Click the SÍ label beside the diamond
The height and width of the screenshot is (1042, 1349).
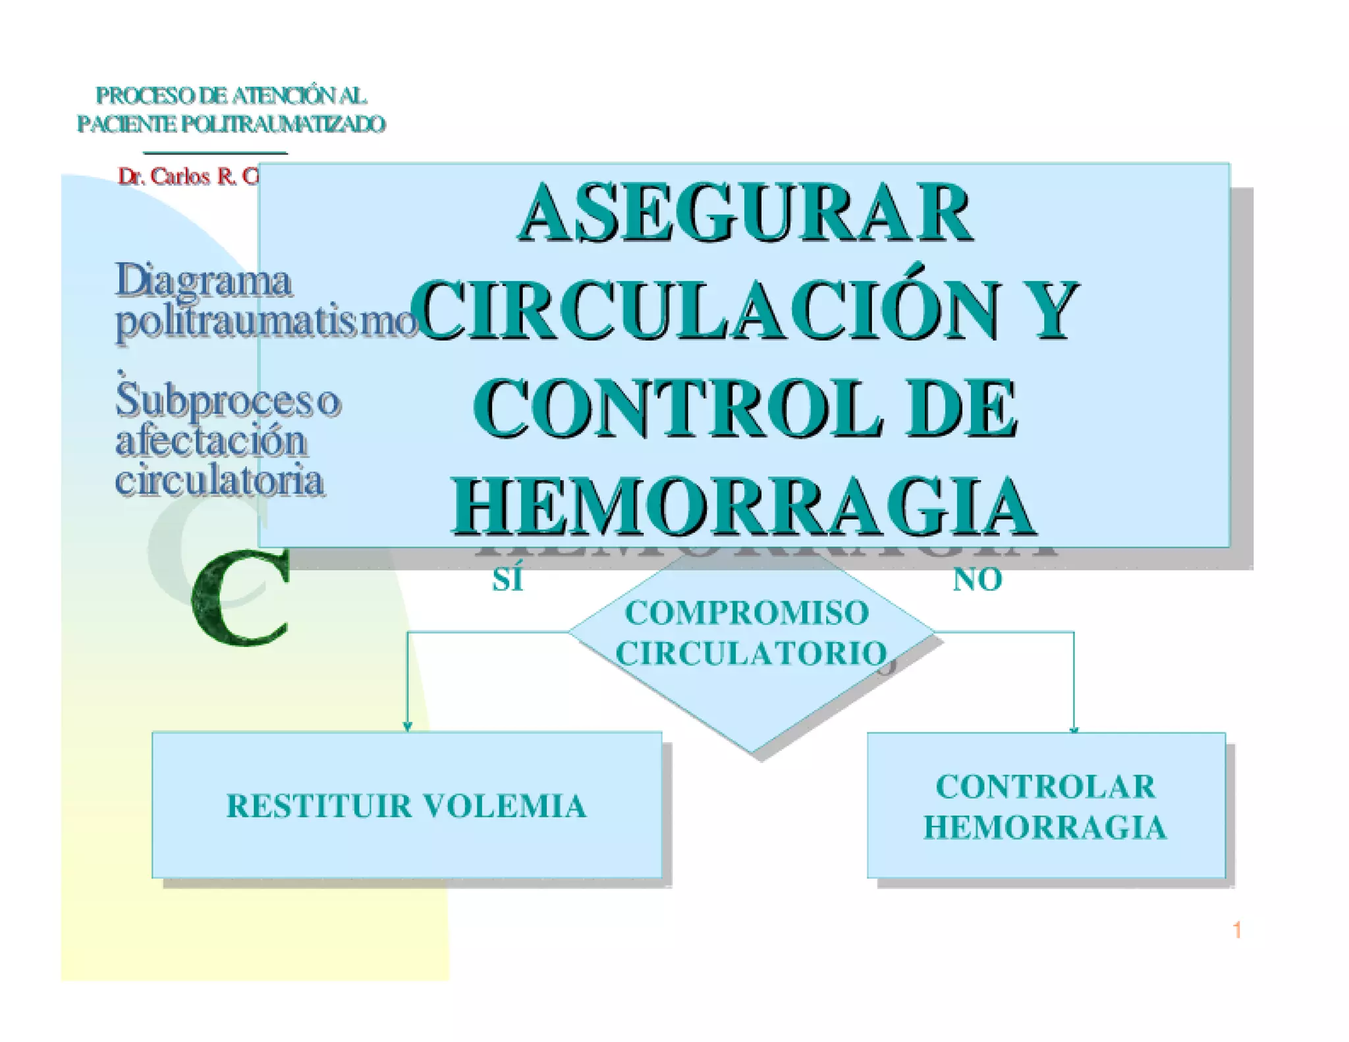pyautogui.click(x=508, y=580)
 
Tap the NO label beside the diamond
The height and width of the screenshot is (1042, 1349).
pyautogui.click(x=977, y=580)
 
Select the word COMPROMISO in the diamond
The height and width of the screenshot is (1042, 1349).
pyautogui.click(x=747, y=613)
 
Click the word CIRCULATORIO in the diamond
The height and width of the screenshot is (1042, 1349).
pyautogui.click(x=752, y=653)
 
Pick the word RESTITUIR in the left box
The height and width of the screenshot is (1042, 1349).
pyautogui.click(x=319, y=806)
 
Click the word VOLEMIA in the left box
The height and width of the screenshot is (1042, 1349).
pyautogui.click(x=504, y=806)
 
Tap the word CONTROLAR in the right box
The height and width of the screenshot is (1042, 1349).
pyautogui.click(x=1045, y=786)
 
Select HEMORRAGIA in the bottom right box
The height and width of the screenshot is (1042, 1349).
pyautogui.click(x=1045, y=827)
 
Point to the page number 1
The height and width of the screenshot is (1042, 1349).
pyautogui.click(x=1237, y=930)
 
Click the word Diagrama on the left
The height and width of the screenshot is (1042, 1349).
pyautogui.click(x=204, y=281)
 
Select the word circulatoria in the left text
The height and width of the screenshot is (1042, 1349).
pyautogui.click(x=219, y=480)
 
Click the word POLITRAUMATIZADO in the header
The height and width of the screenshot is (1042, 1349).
pyautogui.click(x=283, y=124)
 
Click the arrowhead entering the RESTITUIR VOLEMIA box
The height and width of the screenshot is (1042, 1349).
pyautogui.click(x=407, y=726)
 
